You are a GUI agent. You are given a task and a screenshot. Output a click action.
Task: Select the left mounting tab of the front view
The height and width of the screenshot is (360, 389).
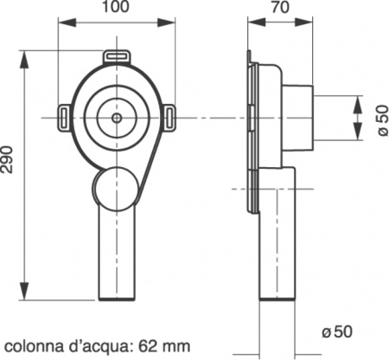point(66,113)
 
